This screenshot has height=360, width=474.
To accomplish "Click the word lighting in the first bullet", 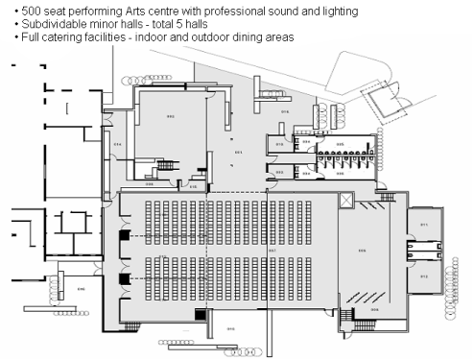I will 337,11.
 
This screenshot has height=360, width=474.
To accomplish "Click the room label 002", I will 171,117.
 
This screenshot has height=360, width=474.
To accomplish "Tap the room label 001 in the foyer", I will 238,152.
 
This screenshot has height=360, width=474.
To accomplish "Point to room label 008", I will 363,252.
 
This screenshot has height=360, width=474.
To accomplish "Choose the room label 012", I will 423,276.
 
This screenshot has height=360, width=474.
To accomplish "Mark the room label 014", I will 117,144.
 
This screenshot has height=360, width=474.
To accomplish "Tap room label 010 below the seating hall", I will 230,329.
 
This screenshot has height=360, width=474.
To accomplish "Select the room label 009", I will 374,310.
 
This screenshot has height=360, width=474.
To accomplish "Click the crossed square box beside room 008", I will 345,200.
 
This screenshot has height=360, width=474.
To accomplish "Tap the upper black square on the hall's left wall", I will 123,236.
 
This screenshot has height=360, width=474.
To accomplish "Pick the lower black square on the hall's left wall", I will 123,280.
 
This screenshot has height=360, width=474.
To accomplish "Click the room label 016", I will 284,112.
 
